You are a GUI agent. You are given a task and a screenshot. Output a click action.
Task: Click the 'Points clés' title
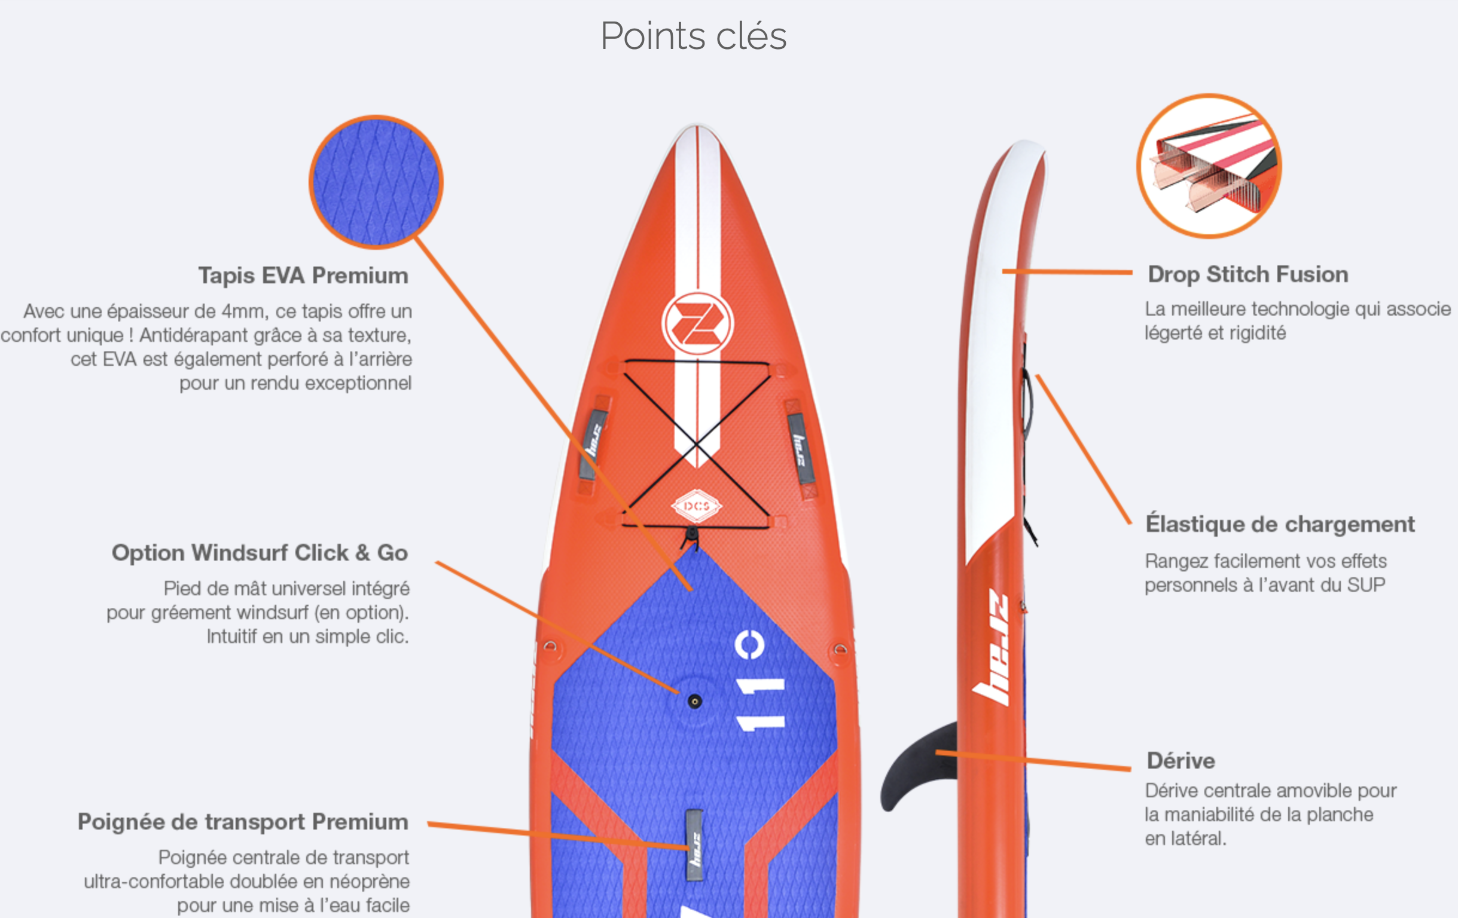click(x=693, y=36)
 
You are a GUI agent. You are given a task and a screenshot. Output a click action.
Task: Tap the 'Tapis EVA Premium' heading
click(x=303, y=276)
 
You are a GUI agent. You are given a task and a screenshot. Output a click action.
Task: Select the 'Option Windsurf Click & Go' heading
click(x=260, y=552)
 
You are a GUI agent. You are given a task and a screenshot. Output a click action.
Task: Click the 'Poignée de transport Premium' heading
click(x=243, y=822)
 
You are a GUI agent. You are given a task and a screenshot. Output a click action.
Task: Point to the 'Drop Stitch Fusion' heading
click(x=1248, y=274)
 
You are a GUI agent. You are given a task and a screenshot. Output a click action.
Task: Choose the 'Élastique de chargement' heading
click(x=1280, y=524)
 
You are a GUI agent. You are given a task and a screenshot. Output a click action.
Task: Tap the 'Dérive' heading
click(x=1181, y=761)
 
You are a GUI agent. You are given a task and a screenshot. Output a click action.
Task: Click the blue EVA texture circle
click(x=376, y=182)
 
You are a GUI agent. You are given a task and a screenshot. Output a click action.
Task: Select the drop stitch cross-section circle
click(x=1209, y=166)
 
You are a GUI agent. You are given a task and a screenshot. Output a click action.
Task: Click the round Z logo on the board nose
click(x=697, y=323)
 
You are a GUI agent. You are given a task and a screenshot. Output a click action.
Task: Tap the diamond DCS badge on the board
click(x=697, y=506)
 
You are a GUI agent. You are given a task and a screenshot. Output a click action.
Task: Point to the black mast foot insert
click(x=694, y=702)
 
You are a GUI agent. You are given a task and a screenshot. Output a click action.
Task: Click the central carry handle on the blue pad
click(x=695, y=844)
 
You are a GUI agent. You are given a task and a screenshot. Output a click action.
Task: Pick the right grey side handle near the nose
click(x=800, y=448)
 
